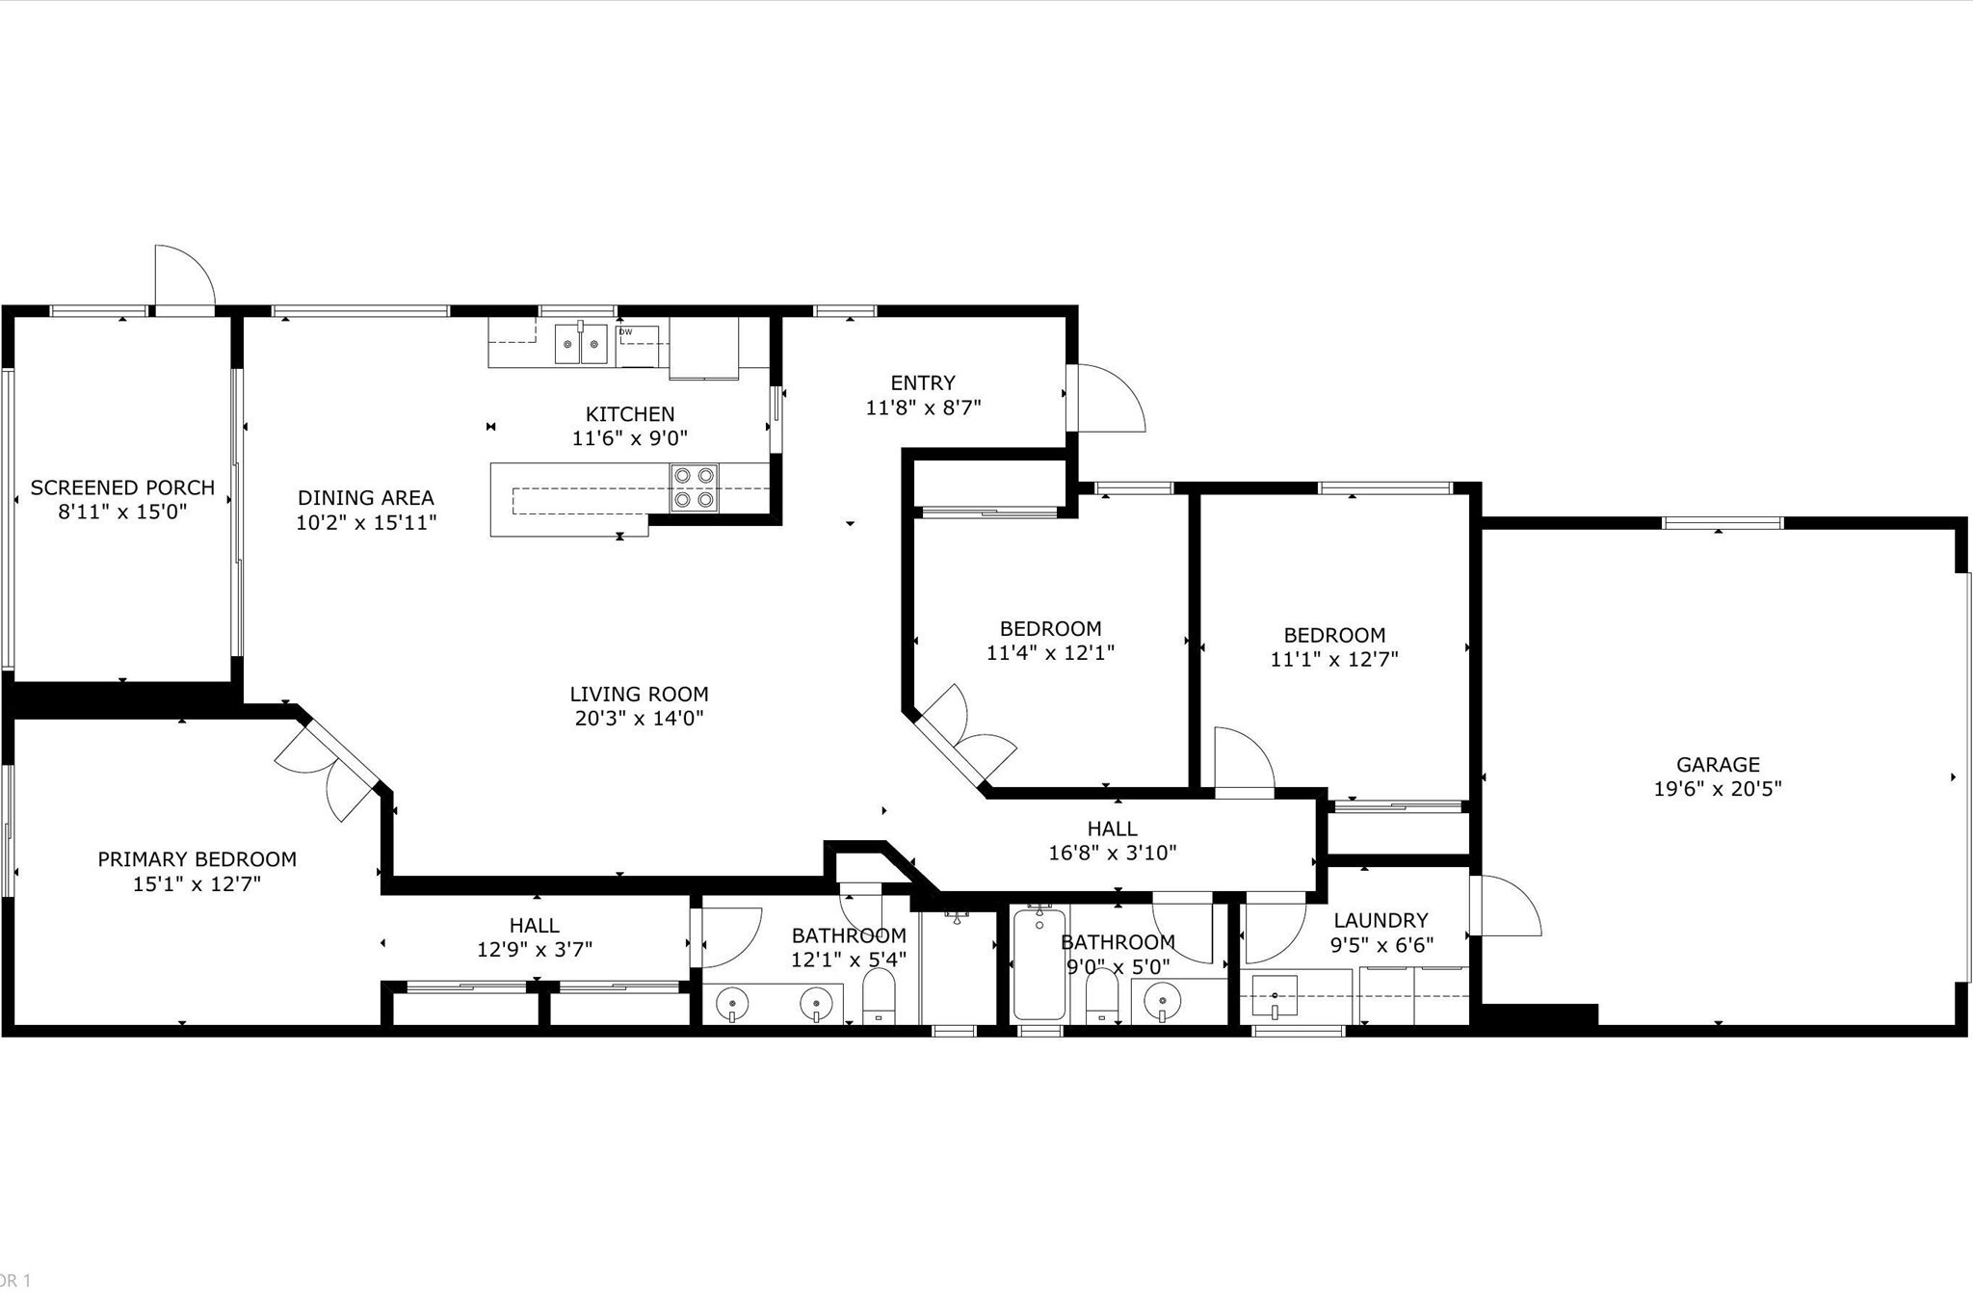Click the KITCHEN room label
click(630, 414)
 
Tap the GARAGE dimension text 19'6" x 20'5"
click(1718, 789)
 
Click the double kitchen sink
click(581, 344)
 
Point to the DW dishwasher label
click(626, 332)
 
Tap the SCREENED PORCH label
click(122, 487)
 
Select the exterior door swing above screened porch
click(183, 277)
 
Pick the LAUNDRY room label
click(1381, 920)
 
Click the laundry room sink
click(1274, 996)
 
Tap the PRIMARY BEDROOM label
click(197, 859)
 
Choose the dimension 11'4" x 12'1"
click(1050, 653)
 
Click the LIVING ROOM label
click(639, 694)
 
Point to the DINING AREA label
click(365, 498)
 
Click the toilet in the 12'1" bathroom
click(878, 997)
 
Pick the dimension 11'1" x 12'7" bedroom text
click(1334, 660)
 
